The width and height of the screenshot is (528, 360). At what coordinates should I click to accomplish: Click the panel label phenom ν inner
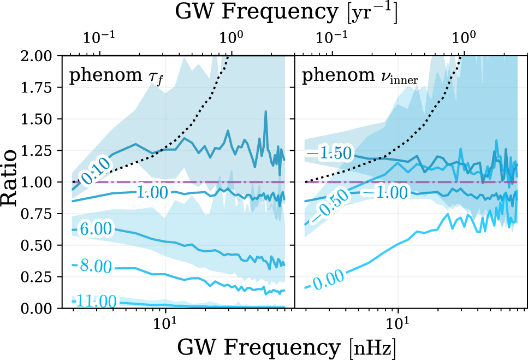(360, 78)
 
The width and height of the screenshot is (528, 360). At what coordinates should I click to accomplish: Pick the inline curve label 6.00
(96, 230)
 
